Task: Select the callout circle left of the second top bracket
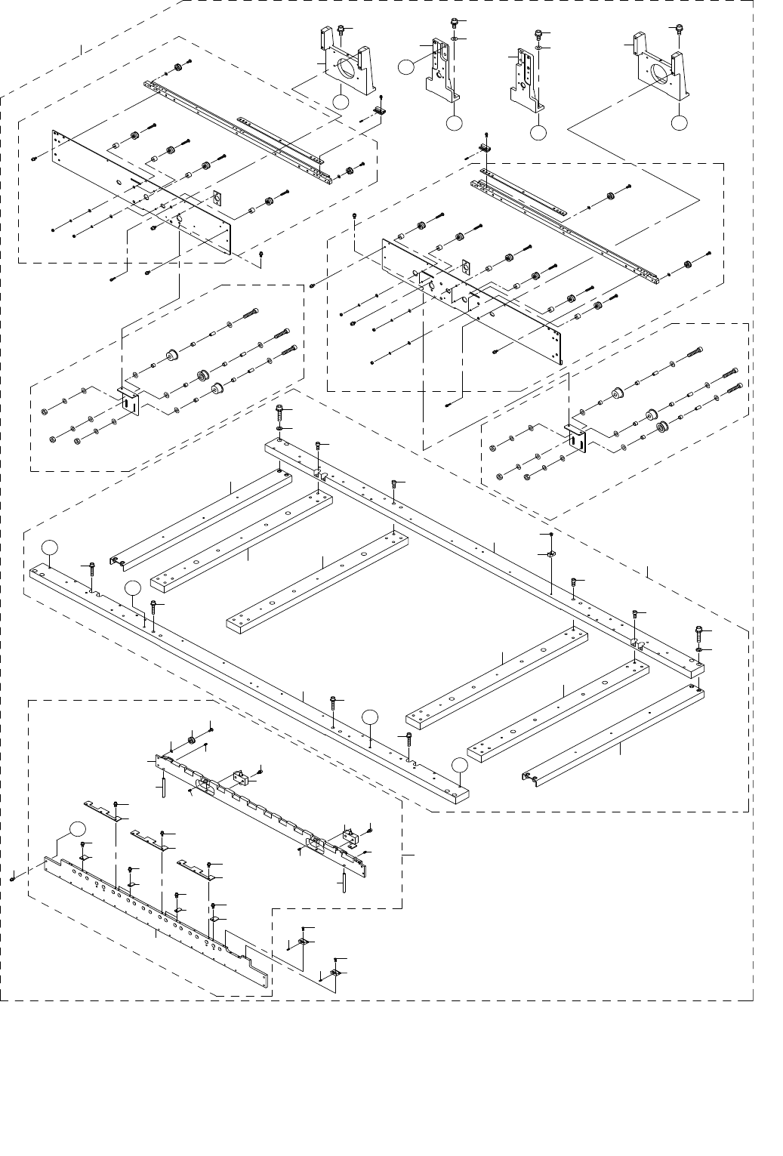click(x=406, y=66)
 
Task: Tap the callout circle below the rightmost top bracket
click(x=680, y=122)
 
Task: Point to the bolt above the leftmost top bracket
click(x=341, y=29)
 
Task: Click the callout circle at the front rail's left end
click(x=49, y=547)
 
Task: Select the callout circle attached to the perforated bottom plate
click(x=74, y=827)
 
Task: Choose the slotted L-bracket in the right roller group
click(x=578, y=439)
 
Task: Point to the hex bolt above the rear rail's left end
click(x=280, y=413)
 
